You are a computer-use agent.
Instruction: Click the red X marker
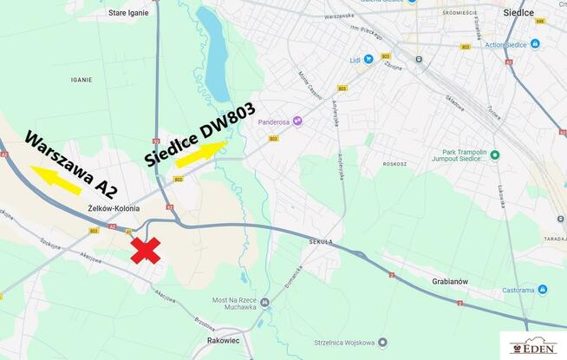click(146, 250)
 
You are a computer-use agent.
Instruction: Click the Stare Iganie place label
click(128, 13)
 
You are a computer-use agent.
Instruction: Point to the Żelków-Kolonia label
click(114, 208)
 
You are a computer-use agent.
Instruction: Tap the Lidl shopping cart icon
click(368, 59)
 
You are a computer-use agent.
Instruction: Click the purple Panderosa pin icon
click(297, 121)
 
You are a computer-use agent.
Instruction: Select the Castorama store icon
click(542, 290)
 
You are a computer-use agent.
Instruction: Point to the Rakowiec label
click(225, 341)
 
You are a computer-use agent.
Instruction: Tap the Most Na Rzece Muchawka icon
click(265, 303)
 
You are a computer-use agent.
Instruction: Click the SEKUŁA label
click(319, 242)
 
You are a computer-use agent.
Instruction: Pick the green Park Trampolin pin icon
click(495, 155)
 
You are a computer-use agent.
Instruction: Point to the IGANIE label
click(81, 79)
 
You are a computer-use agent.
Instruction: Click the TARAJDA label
click(555, 238)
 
